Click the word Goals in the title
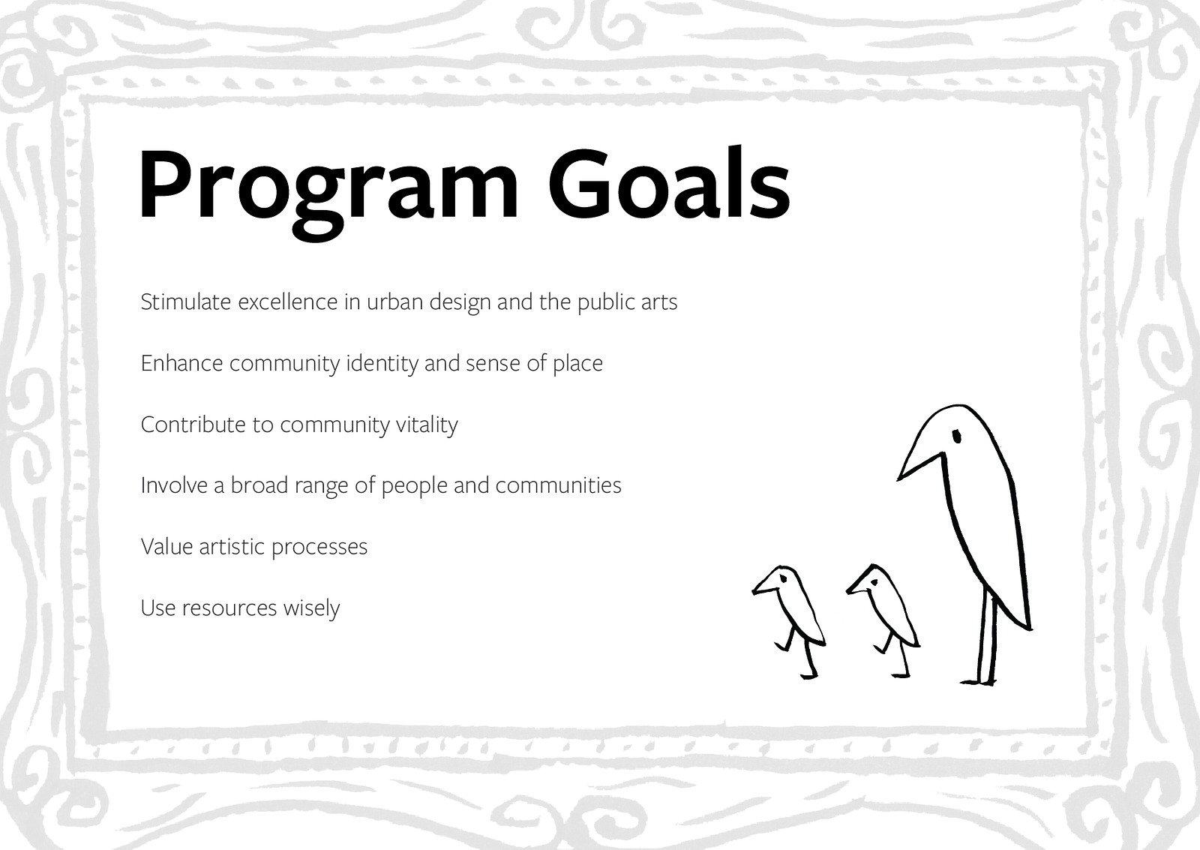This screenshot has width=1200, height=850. coord(668,183)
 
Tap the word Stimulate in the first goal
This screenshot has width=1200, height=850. coord(186,302)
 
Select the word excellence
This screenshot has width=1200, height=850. coord(288,302)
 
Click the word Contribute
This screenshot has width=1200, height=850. coord(193,425)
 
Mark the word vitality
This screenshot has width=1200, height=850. coord(427,425)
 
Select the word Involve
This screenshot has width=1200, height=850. coord(174,485)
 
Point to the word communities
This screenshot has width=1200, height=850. coord(558,485)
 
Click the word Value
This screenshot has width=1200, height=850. coord(166,547)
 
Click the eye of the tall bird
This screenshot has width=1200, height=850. coord(957,437)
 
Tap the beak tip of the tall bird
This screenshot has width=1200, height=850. coord(898,479)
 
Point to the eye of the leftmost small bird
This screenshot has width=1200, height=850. coord(784,579)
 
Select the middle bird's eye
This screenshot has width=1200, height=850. coord(874,583)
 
